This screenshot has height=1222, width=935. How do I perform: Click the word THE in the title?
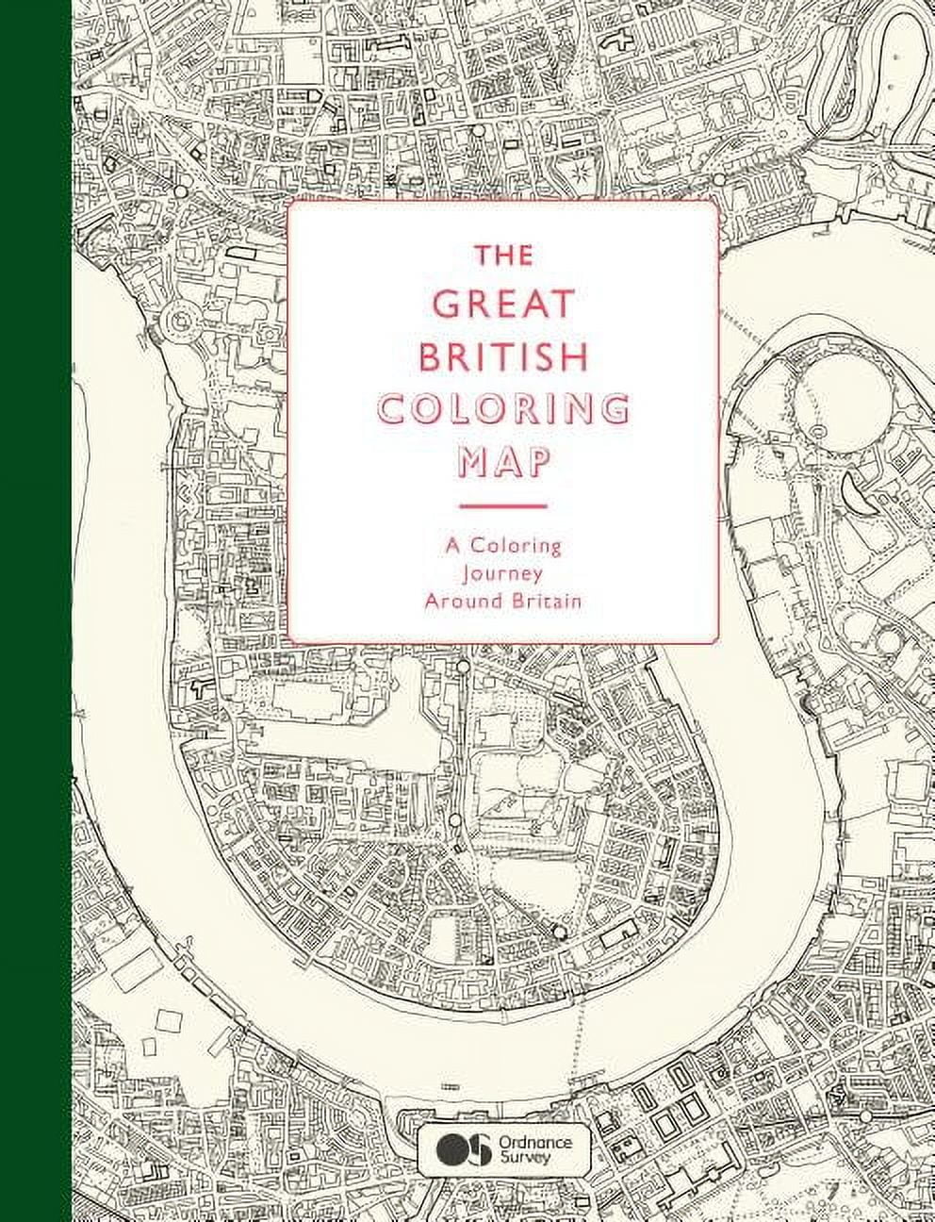pyautogui.click(x=502, y=256)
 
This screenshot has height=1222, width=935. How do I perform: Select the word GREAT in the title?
pyautogui.click(x=502, y=305)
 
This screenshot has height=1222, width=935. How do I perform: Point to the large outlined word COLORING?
pyautogui.click(x=502, y=409)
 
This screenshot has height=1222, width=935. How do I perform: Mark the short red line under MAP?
pyautogui.click(x=502, y=506)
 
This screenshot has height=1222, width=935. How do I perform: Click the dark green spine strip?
pyautogui.click(x=35, y=611)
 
